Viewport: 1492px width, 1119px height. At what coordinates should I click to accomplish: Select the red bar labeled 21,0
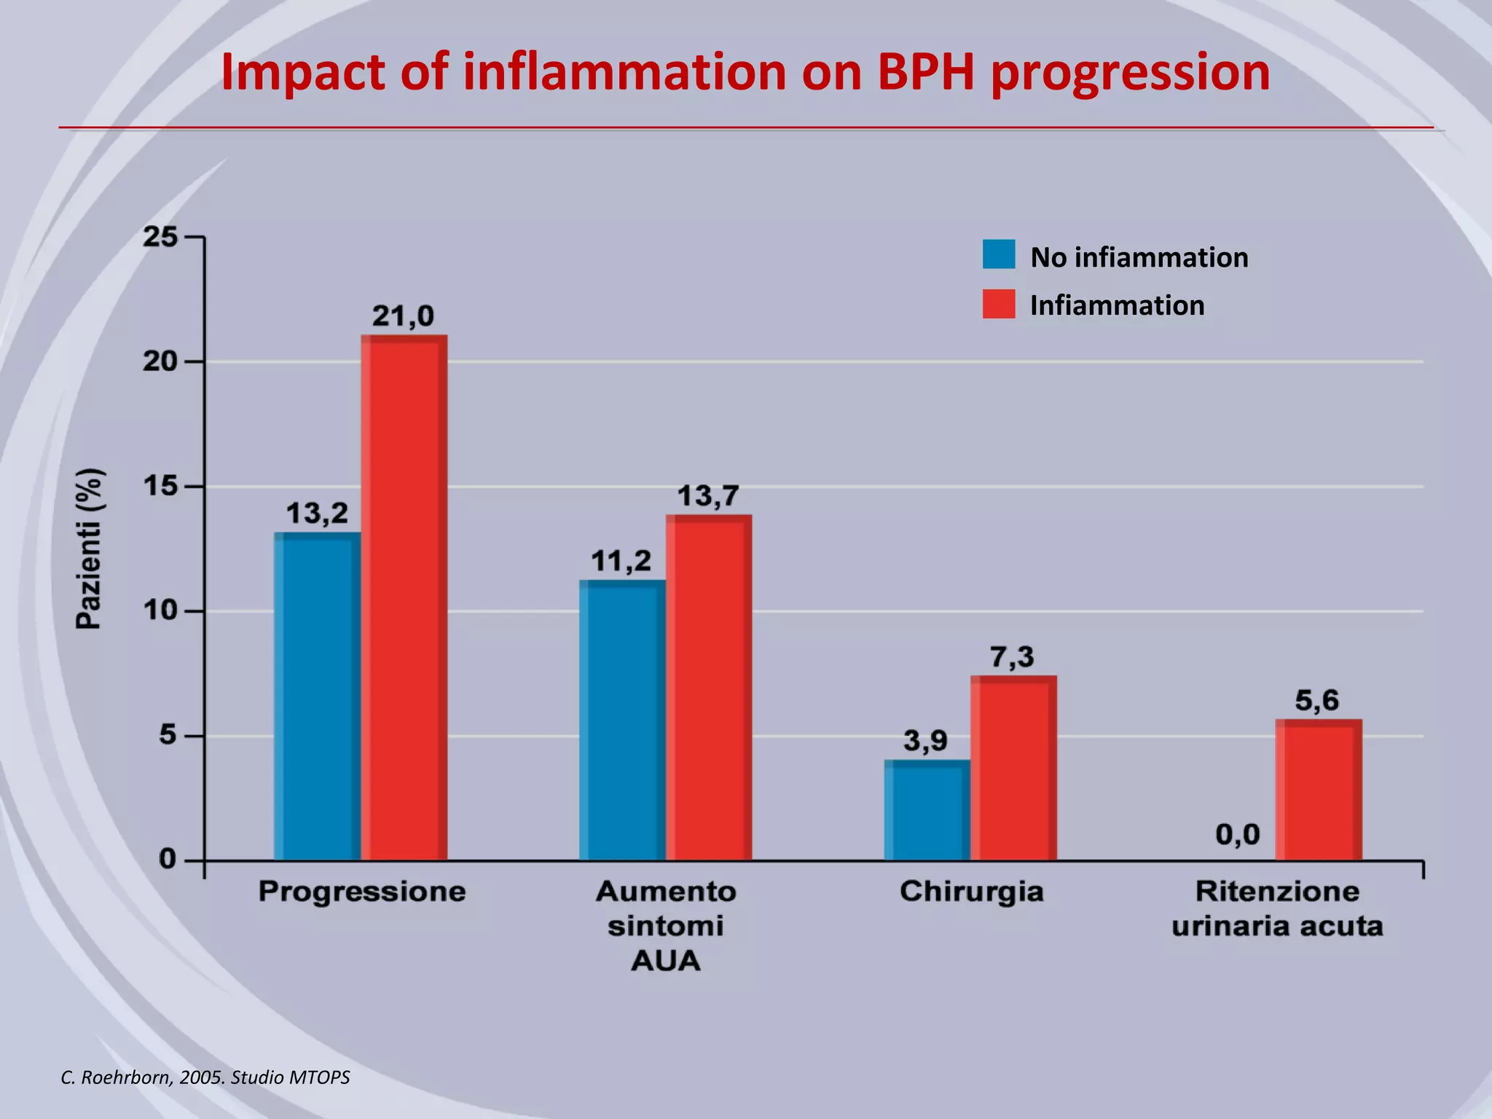pos(404,597)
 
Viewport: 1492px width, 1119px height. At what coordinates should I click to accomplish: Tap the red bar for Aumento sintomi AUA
pos(708,688)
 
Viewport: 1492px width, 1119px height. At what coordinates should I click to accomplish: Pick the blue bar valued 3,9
pos(927,810)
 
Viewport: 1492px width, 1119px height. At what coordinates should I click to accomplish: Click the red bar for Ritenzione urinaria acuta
pos(1318,790)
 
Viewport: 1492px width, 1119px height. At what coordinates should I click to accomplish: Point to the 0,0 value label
pos(1237,834)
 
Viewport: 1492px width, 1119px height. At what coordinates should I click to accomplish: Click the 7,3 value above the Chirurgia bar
pos(1011,657)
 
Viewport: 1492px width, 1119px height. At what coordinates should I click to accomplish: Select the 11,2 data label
pos(621,561)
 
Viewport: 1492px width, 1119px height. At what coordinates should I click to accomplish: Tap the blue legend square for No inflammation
pos(998,255)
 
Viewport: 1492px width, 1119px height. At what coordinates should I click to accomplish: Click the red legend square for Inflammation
pos(998,304)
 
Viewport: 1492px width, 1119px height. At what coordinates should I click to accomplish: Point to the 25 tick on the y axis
pos(160,237)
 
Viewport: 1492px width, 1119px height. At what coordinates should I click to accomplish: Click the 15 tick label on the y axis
pos(160,486)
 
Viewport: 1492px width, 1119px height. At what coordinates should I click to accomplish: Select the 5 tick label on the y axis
pos(168,735)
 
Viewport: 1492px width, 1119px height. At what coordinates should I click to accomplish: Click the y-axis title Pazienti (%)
pos(90,548)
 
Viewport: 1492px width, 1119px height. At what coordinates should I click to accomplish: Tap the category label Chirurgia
pos(971,892)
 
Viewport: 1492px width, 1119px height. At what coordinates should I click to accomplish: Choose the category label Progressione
pos(362,892)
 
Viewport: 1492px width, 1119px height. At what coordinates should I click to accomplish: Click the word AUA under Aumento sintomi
pos(665,960)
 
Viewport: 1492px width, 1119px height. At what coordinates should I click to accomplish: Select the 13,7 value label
pos(708,496)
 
